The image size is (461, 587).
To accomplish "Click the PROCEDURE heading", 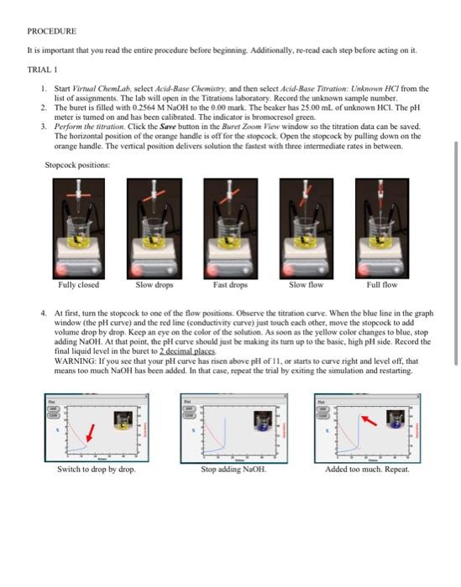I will pos(52,31).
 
